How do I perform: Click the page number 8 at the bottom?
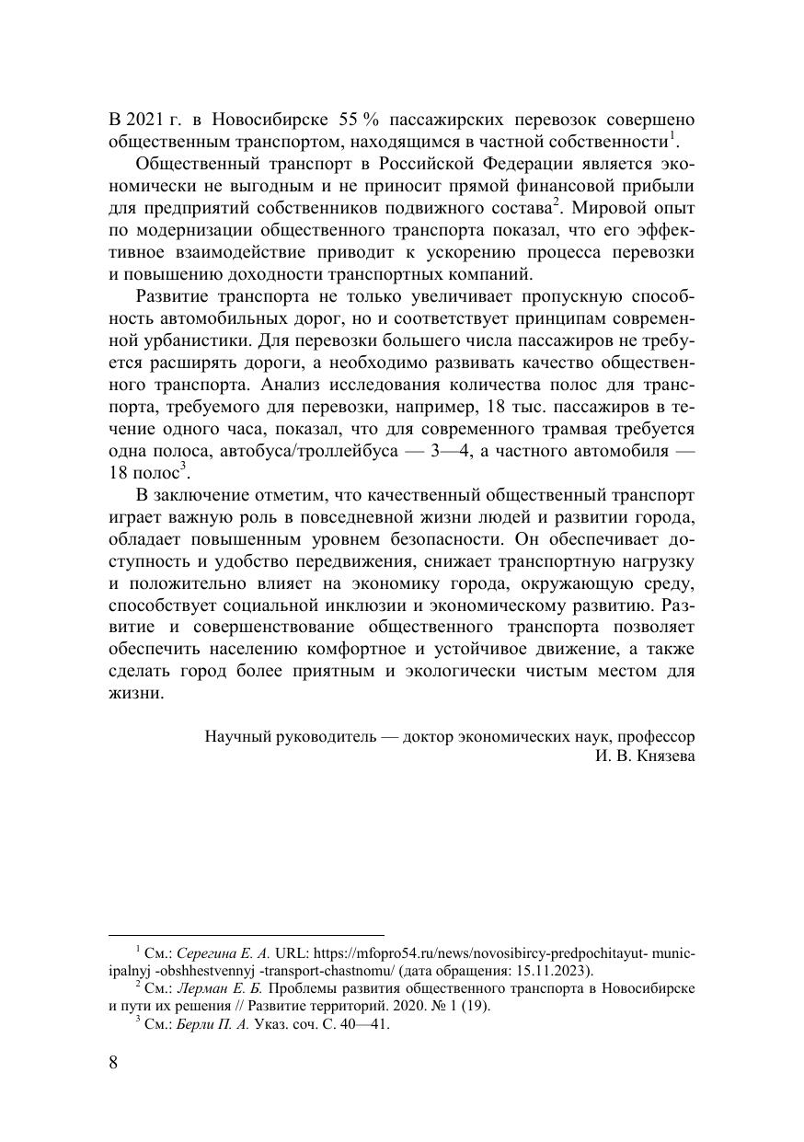pos(113,1062)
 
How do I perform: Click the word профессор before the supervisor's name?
pos(656,736)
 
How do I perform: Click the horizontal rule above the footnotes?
pos(246,934)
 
